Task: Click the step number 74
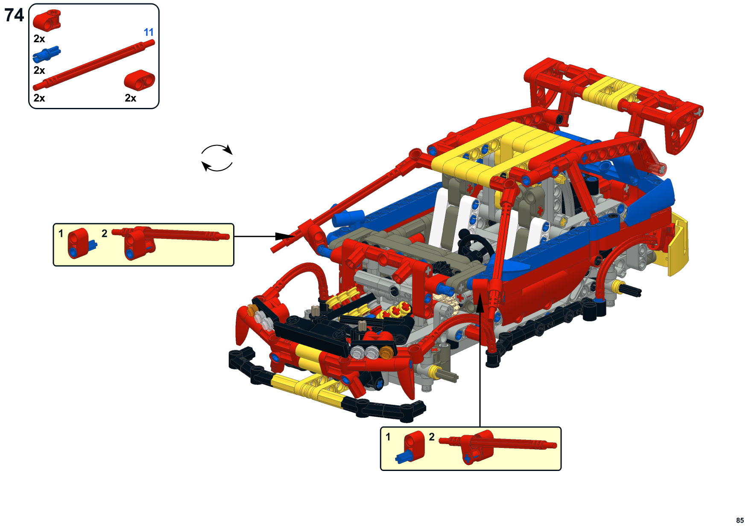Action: point(15,15)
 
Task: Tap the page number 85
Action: point(740,520)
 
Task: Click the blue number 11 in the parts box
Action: point(149,32)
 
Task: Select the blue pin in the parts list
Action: point(47,55)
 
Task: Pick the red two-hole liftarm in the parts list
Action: point(139,80)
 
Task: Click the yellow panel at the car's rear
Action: point(679,247)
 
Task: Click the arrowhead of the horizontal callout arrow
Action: point(284,236)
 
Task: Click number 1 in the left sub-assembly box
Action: point(61,233)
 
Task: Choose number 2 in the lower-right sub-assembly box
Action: point(432,437)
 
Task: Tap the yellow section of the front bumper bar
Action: point(307,386)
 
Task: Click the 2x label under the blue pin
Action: point(39,70)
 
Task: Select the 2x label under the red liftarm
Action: point(130,98)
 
